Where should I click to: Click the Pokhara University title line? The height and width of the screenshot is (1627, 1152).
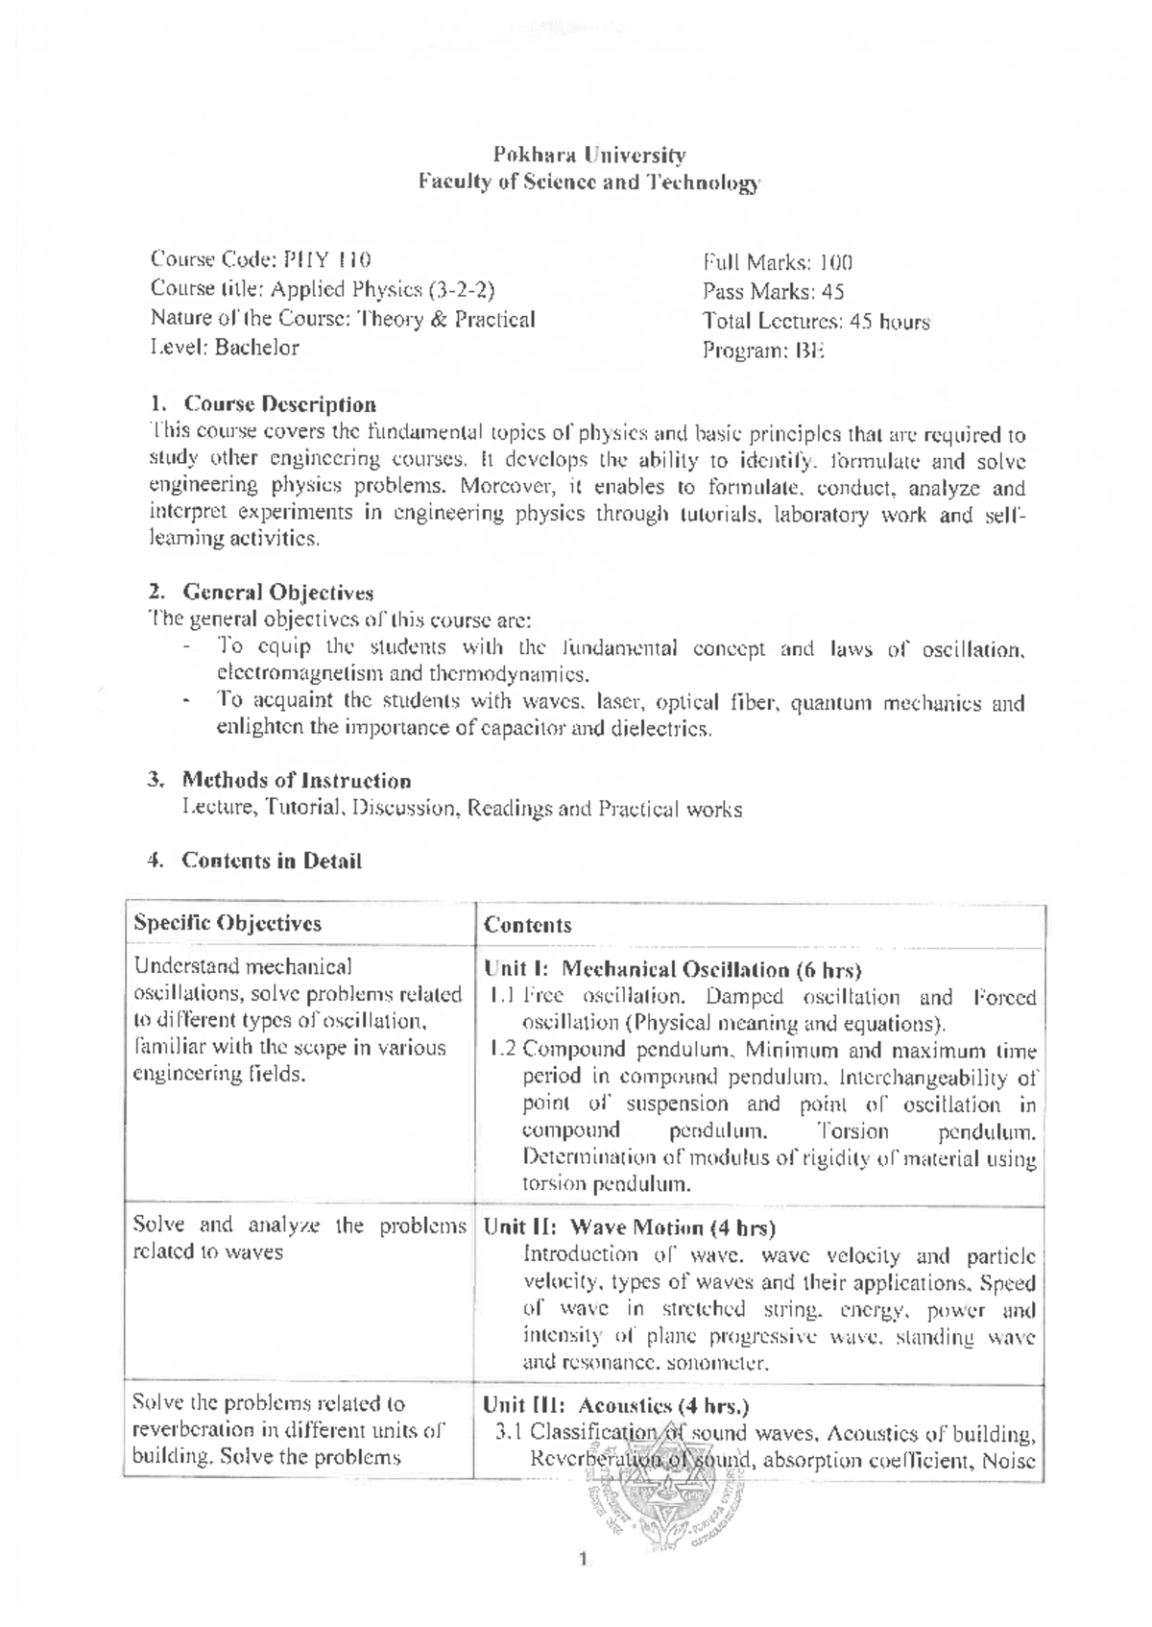[588, 155]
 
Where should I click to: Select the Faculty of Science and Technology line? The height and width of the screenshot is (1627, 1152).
[588, 182]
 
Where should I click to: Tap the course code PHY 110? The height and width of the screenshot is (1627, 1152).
[324, 259]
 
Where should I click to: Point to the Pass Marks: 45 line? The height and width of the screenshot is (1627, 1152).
[773, 292]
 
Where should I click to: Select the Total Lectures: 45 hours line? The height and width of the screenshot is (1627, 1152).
[816, 322]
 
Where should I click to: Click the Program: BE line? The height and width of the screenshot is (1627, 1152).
[763, 351]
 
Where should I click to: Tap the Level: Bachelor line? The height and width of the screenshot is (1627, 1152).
[225, 348]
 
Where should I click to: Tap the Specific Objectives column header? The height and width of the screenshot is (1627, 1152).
[228, 924]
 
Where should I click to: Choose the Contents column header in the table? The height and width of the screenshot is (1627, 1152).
[527, 926]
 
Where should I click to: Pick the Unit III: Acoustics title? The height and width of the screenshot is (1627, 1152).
[616, 1406]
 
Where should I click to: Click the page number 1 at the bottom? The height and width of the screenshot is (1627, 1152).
[583, 1559]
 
